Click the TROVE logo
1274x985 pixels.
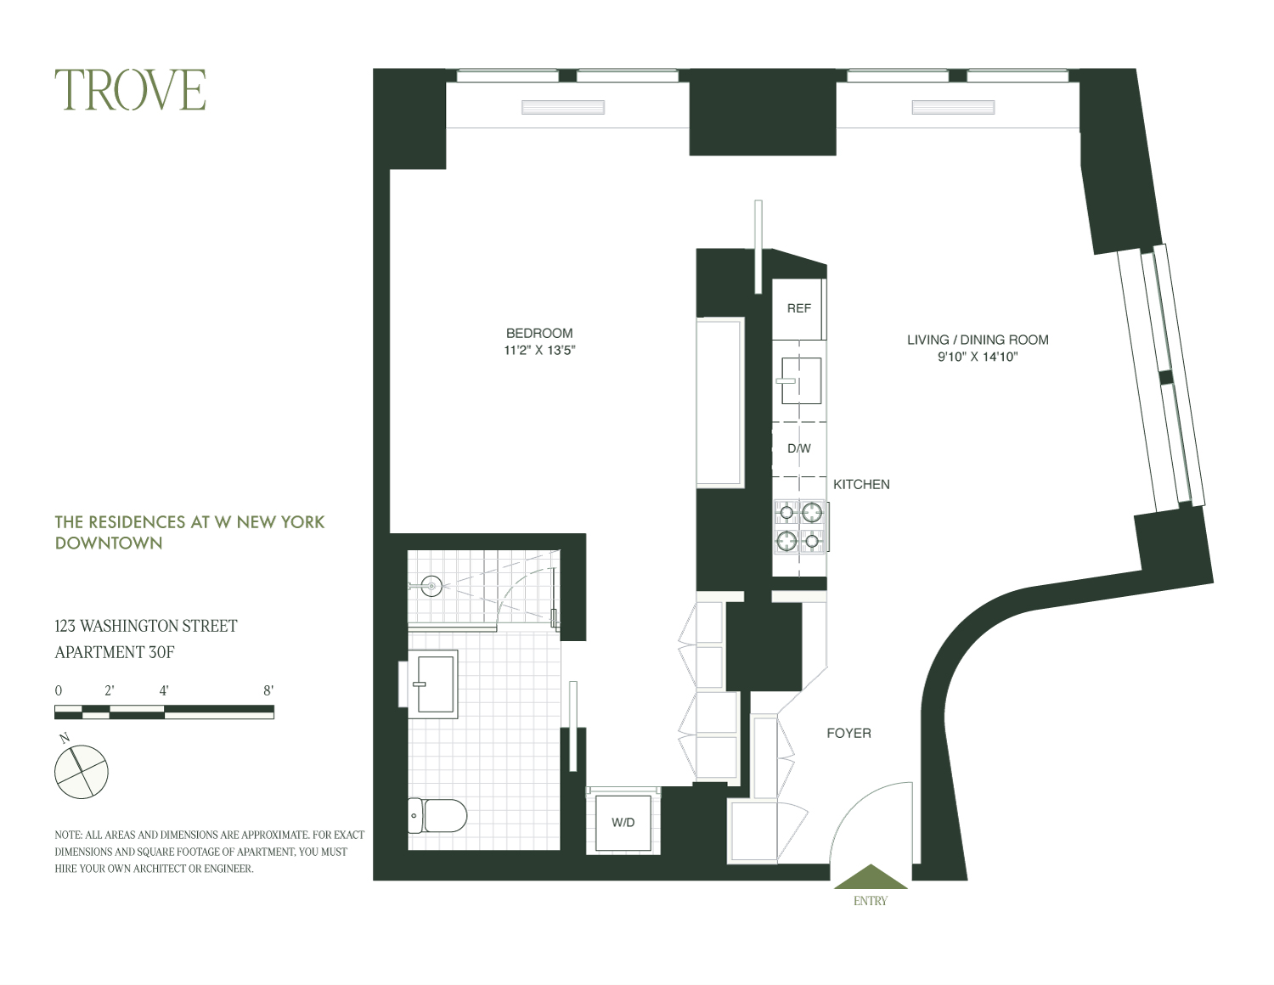click(131, 91)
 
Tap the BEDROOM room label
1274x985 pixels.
click(539, 333)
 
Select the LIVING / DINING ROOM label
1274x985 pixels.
click(978, 340)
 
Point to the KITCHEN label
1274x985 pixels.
click(861, 484)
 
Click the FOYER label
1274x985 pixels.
click(848, 733)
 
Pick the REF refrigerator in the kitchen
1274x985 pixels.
click(798, 308)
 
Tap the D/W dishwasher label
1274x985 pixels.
click(798, 448)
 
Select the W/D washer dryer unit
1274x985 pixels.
click(623, 822)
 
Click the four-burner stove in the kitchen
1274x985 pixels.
click(800, 526)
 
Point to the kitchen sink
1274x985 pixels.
click(800, 380)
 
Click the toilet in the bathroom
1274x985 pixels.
click(437, 816)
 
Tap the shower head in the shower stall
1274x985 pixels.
click(431, 585)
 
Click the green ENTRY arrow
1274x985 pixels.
click(871, 877)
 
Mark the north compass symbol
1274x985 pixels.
click(81, 771)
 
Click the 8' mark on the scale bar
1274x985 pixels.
click(268, 690)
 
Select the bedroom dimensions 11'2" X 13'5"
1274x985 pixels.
click(539, 350)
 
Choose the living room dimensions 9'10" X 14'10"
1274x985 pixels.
click(978, 357)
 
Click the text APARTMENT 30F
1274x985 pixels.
click(115, 652)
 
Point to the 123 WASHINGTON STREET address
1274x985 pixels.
click(146, 626)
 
